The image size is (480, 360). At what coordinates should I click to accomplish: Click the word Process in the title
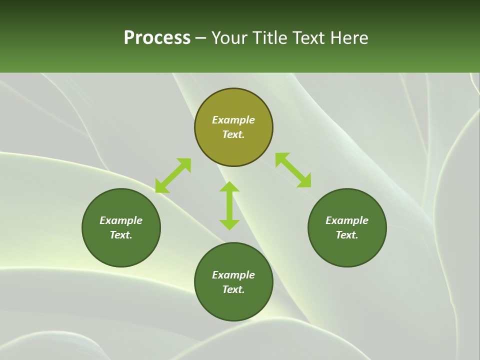[157, 38]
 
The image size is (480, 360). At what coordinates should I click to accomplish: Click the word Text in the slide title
[309, 38]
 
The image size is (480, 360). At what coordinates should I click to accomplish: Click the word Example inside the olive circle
[233, 120]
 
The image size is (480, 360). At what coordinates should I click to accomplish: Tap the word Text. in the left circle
[121, 235]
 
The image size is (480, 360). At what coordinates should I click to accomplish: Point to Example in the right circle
[347, 220]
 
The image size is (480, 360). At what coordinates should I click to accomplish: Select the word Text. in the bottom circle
[233, 289]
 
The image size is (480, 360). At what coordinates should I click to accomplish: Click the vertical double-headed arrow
[229, 205]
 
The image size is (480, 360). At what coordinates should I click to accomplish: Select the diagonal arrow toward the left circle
[173, 175]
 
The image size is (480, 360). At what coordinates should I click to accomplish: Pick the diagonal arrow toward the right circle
[293, 170]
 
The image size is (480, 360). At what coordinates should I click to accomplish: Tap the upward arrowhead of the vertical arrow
[229, 187]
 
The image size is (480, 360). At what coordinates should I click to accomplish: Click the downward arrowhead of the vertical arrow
[229, 224]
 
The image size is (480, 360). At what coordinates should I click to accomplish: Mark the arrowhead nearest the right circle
[304, 181]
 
